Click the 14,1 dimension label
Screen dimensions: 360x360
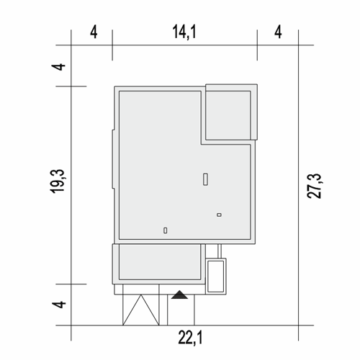click(184, 32)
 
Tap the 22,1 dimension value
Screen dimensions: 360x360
click(190, 338)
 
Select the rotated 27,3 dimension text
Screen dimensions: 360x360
click(314, 186)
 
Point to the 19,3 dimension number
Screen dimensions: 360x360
click(58, 181)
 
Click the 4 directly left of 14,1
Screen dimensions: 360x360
click(94, 32)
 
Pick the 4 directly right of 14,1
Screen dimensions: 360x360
click(278, 32)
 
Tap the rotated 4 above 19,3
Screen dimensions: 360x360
click(59, 67)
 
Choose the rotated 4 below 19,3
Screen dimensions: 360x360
click(59, 305)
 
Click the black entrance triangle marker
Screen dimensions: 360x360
click(179, 295)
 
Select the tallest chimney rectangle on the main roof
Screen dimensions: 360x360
click(205, 179)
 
